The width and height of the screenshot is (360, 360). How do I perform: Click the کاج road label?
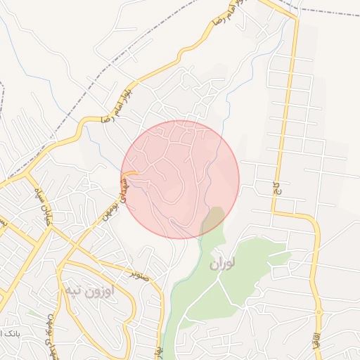coord(269,186)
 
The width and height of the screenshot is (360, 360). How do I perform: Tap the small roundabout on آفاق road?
coord(319,311)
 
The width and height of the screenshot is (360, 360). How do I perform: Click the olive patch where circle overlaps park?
coord(213,220)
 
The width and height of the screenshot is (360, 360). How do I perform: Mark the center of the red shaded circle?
coord(180,179)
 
